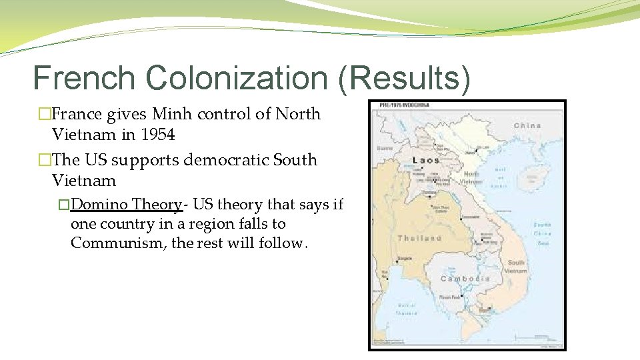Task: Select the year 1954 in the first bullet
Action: (x=158, y=135)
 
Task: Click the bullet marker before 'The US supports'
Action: (x=44, y=160)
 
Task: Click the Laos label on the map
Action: (x=426, y=160)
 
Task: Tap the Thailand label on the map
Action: (x=419, y=238)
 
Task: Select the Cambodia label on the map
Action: (x=466, y=278)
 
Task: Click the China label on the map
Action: (x=527, y=125)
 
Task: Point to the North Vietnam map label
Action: (x=471, y=177)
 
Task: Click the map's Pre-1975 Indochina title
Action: (x=404, y=105)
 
